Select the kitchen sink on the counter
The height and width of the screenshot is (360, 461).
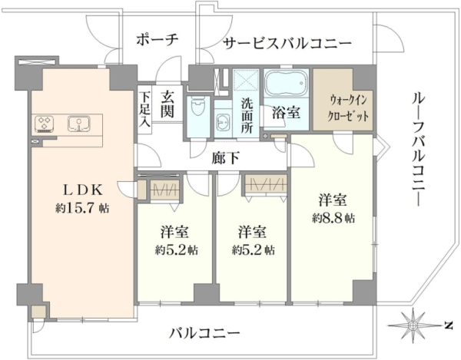pyautogui.click(x=79, y=124)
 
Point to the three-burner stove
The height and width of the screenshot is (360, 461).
pyautogui.click(x=45, y=124)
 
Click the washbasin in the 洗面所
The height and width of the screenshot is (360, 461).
pyautogui.click(x=223, y=121)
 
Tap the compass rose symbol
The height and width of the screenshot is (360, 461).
pyautogui.click(x=413, y=325)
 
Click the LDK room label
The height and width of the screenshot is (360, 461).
pyautogui.click(x=83, y=191)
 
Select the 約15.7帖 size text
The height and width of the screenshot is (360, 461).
pyautogui.click(x=82, y=208)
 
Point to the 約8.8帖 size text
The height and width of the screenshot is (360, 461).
pyautogui.click(x=333, y=218)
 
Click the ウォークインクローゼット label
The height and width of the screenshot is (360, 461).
pyautogui.click(x=348, y=108)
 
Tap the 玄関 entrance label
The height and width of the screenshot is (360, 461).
pyautogui.click(x=167, y=104)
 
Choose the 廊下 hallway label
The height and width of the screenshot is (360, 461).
pyautogui.click(x=225, y=159)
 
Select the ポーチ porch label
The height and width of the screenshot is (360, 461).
pyautogui.click(x=158, y=40)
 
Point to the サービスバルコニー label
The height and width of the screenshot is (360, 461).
pyautogui.click(x=287, y=44)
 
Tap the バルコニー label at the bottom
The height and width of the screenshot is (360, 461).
pyautogui.click(x=205, y=333)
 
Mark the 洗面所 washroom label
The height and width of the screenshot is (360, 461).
pyautogui.click(x=247, y=115)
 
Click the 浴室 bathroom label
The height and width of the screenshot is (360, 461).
pyautogui.click(x=286, y=113)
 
